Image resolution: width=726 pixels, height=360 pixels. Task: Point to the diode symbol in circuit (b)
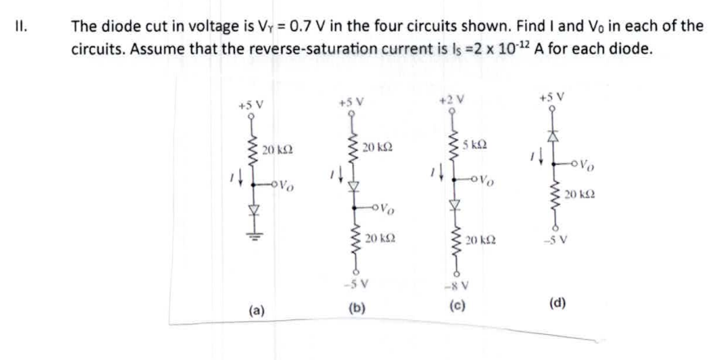(x=353, y=186)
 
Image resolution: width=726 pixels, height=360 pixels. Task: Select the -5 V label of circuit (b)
(x=355, y=284)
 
